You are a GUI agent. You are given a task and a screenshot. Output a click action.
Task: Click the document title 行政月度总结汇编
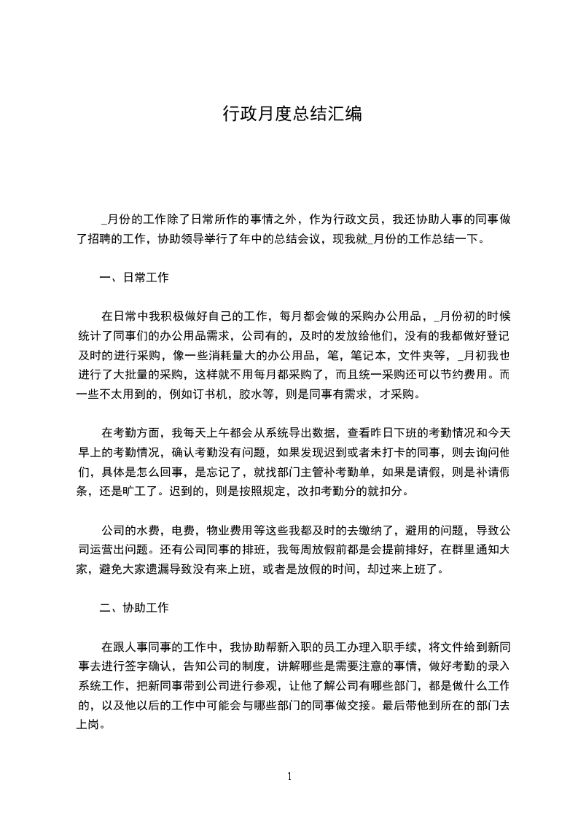(x=292, y=114)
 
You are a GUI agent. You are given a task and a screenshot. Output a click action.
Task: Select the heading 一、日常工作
(x=134, y=278)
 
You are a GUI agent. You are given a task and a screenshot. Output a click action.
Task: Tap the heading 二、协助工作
(x=134, y=607)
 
